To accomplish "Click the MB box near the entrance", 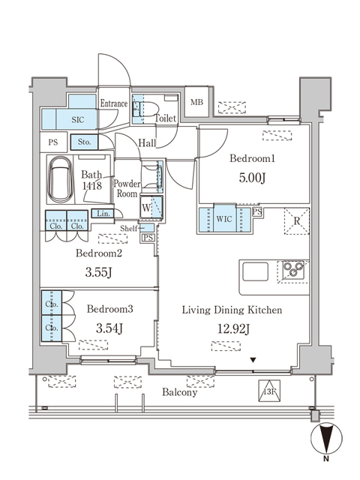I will click(196, 103).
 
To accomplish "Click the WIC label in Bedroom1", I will click(223, 218).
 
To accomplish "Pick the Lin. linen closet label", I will click(102, 214).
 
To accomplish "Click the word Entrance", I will click(114, 103).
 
